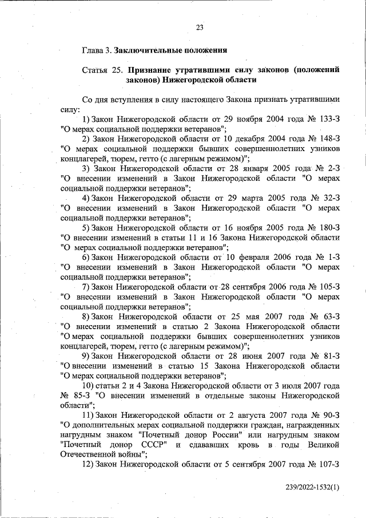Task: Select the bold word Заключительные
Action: coord(145,50)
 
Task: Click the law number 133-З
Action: coord(328,118)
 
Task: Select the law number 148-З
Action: coord(328,139)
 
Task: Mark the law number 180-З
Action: coord(327,228)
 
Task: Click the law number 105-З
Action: coord(328,287)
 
